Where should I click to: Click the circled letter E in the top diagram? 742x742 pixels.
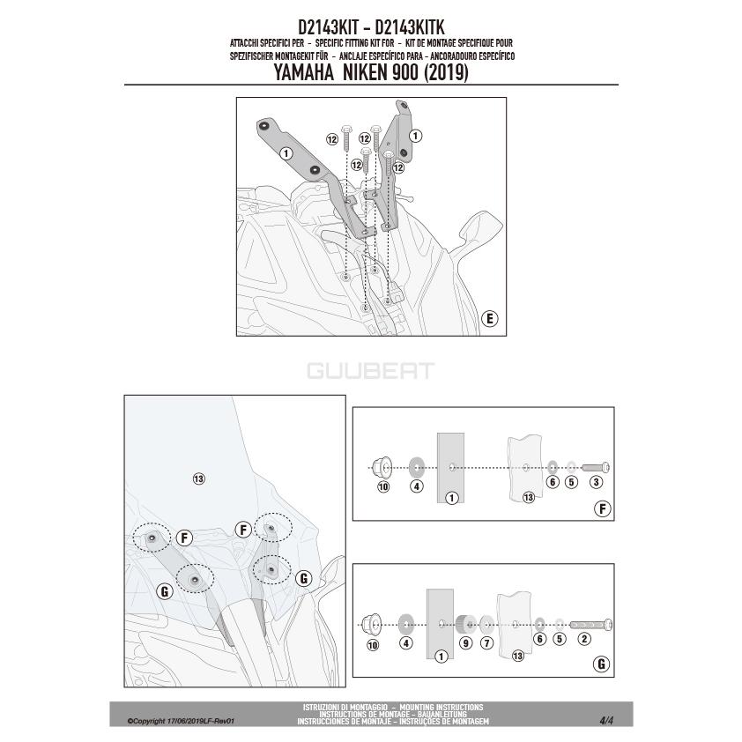(x=490, y=318)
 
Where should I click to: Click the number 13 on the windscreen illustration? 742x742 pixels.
(x=199, y=479)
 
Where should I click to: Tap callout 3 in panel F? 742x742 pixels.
(x=596, y=482)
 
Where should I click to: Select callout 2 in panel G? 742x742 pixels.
(x=584, y=639)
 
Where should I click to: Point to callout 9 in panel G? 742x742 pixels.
(x=466, y=643)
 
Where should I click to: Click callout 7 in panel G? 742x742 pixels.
(x=487, y=643)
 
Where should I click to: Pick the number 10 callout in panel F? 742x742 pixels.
(x=383, y=486)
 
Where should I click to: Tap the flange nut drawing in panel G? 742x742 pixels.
(x=372, y=624)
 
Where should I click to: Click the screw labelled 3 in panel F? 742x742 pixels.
(x=596, y=468)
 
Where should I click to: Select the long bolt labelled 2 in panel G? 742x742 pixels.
(x=591, y=625)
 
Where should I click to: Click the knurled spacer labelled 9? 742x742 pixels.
(x=465, y=625)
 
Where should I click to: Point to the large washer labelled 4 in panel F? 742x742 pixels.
(x=417, y=468)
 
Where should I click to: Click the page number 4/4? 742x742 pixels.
(x=606, y=721)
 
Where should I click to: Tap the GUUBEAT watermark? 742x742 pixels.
(x=370, y=371)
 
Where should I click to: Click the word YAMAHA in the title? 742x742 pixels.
(x=304, y=72)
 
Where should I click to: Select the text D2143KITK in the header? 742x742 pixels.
(x=410, y=27)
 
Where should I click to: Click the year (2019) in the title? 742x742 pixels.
(x=446, y=73)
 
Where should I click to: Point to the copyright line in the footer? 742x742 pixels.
(x=181, y=721)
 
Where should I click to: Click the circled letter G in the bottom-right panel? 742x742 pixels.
(x=602, y=664)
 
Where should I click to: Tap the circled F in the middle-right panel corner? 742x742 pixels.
(x=603, y=509)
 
